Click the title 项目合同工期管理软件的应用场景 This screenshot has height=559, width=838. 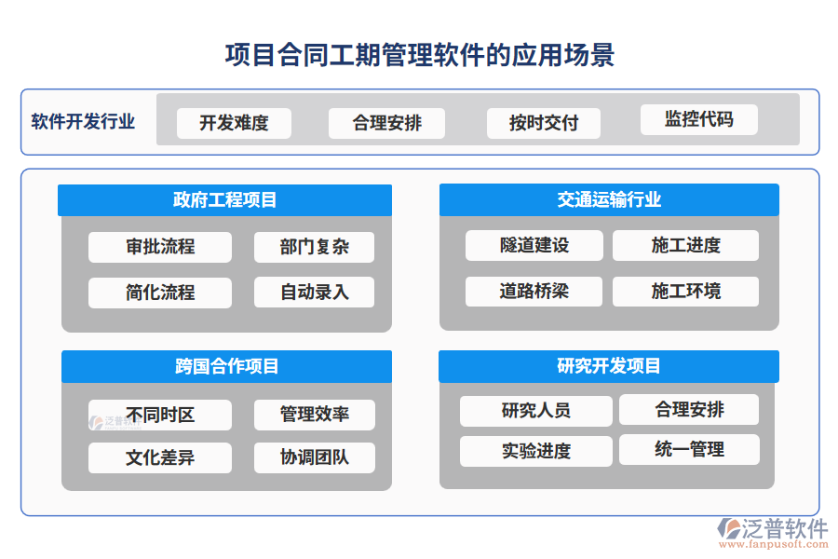419,54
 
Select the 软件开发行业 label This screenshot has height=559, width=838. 83,121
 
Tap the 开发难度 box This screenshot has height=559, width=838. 234,123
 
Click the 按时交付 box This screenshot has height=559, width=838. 544,123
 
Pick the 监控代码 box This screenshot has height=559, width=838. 698,119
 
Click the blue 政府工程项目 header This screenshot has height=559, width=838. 224,200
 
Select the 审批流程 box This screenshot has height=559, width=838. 160,247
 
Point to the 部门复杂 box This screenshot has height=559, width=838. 314,247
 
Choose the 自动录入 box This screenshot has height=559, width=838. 314,292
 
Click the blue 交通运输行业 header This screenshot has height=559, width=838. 609,200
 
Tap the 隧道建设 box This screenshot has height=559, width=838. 534,246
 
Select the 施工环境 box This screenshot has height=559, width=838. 685,292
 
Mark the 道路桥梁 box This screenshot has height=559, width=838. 534,292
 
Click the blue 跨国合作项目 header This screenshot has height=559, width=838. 226,366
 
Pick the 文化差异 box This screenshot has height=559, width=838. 160,457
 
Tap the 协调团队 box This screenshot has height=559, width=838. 314,457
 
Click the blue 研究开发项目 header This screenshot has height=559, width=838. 609,366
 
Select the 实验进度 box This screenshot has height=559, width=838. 536,451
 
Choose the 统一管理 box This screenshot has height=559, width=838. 689,449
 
